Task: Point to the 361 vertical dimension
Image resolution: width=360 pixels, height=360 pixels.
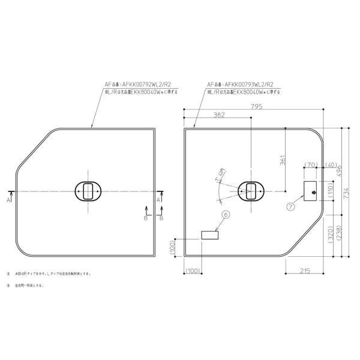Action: click(283, 160)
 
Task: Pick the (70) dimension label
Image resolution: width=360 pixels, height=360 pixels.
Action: click(311, 164)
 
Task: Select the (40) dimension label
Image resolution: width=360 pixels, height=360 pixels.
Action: click(329, 164)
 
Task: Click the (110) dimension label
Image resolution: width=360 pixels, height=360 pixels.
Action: click(330, 191)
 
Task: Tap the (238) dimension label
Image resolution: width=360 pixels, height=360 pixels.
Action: click(339, 233)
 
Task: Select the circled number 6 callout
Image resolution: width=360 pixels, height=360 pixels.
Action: click(225, 214)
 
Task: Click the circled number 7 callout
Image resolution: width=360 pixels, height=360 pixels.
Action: click(291, 206)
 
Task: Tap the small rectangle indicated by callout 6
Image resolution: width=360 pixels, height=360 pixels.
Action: click(209, 236)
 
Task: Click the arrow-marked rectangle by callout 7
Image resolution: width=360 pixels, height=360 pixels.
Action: click(313, 191)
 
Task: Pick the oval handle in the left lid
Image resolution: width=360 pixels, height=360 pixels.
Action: click(87, 191)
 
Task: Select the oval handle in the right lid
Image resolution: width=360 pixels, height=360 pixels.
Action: click(250, 191)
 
